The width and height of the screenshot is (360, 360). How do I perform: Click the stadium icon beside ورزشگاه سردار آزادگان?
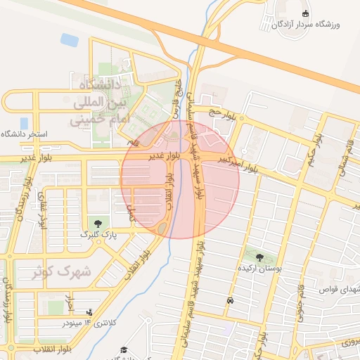305,13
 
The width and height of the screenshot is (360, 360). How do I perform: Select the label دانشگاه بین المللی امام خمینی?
97,102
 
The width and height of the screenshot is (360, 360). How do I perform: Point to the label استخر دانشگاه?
24,134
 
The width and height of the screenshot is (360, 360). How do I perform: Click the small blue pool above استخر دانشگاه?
25,123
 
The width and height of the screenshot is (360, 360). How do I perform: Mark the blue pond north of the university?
70,40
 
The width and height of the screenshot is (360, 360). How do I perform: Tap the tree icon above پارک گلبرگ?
97,224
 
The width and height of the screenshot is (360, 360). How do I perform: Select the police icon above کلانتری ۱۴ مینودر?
89,311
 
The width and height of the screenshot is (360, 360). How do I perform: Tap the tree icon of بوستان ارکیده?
261,258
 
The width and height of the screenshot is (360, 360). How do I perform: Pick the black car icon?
230,300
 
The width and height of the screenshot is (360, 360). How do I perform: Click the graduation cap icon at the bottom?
124,350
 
